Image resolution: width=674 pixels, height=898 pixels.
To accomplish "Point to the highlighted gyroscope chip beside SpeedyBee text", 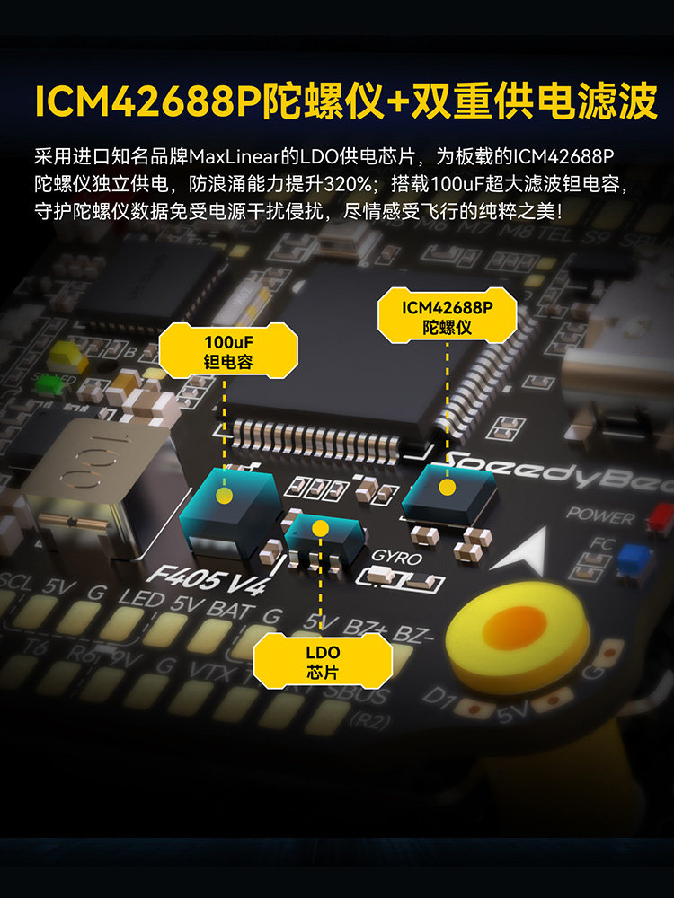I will tap(447, 492).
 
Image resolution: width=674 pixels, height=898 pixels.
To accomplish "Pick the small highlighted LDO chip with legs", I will tap(322, 533).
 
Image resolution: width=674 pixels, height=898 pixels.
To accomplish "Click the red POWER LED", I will tap(661, 515).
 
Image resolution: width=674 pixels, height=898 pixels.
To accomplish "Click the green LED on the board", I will tap(43, 381).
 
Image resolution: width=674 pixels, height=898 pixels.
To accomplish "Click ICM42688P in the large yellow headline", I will tap(147, 102).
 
